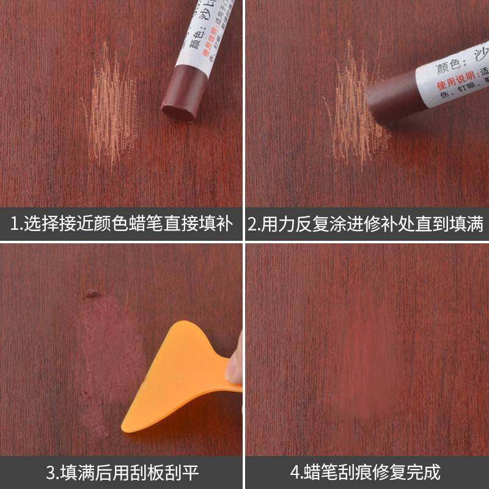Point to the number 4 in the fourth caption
(x=295, y=472)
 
